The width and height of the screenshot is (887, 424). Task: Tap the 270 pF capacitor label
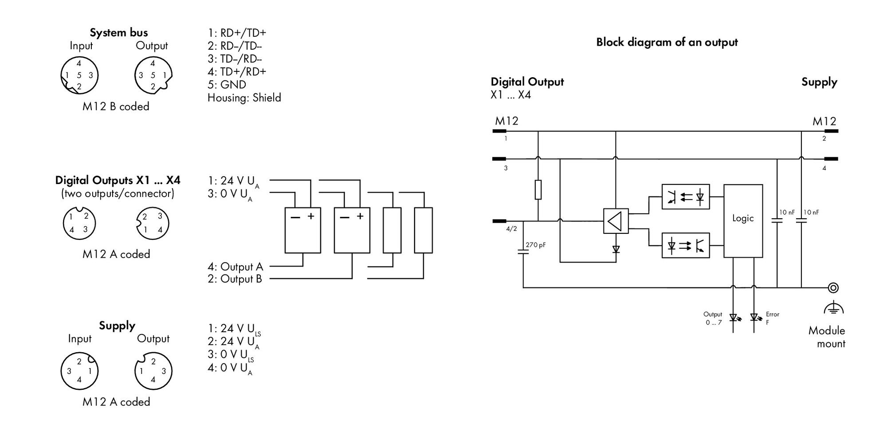click(x=535, y=245)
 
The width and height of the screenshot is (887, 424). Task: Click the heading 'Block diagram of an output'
click(x=667, y=43)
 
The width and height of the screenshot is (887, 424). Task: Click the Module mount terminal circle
click(x=833, y=288)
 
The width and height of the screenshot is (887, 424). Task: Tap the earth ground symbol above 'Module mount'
click(x=833, y=307)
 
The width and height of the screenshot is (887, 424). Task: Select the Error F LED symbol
click(x=754, y=318)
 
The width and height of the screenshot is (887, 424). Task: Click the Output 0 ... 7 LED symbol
click(x=734, y=318)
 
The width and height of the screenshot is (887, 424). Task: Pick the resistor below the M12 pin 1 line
click(x=538, y=189)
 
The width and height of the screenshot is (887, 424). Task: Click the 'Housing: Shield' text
click(x=244, y=98)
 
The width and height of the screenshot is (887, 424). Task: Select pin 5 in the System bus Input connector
click(x=79, y=75)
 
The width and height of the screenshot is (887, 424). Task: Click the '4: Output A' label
click(x=235, y=267)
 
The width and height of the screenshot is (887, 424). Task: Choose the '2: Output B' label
click(x=235, y=279)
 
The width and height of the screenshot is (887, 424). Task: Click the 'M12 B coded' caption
click(x=116, y=106)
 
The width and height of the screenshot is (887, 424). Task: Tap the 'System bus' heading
click(x=119, y=33)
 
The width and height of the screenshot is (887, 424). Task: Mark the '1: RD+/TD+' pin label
click(x=237, y=33)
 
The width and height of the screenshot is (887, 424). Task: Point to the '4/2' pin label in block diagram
click(x=511, y=229)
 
